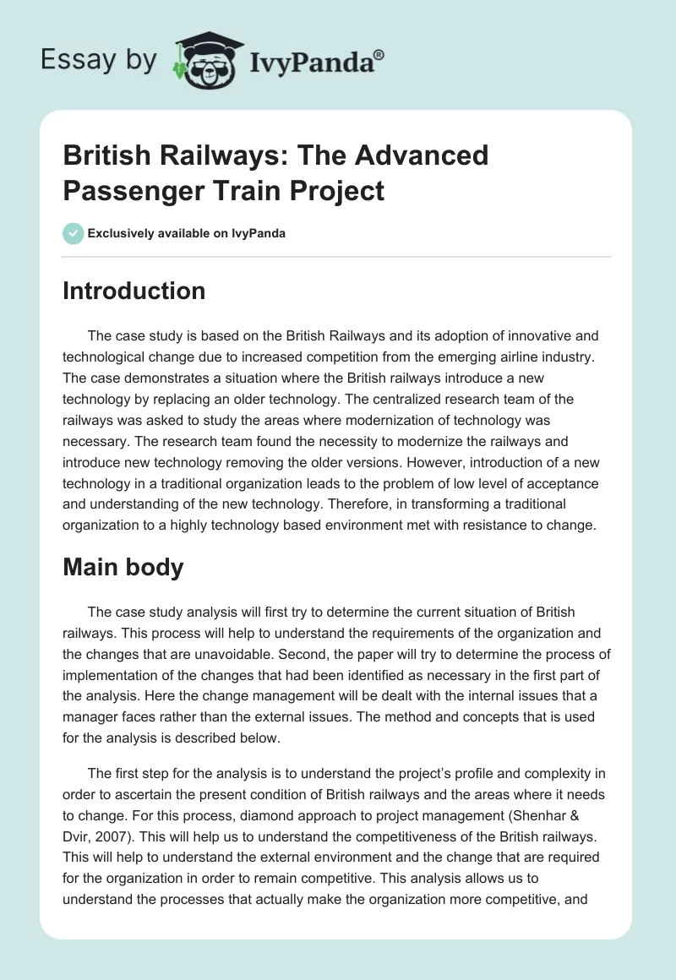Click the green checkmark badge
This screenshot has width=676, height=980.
[73, 233]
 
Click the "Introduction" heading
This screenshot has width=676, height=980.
[134, 291]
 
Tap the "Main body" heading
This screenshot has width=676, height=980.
[123, 567]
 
